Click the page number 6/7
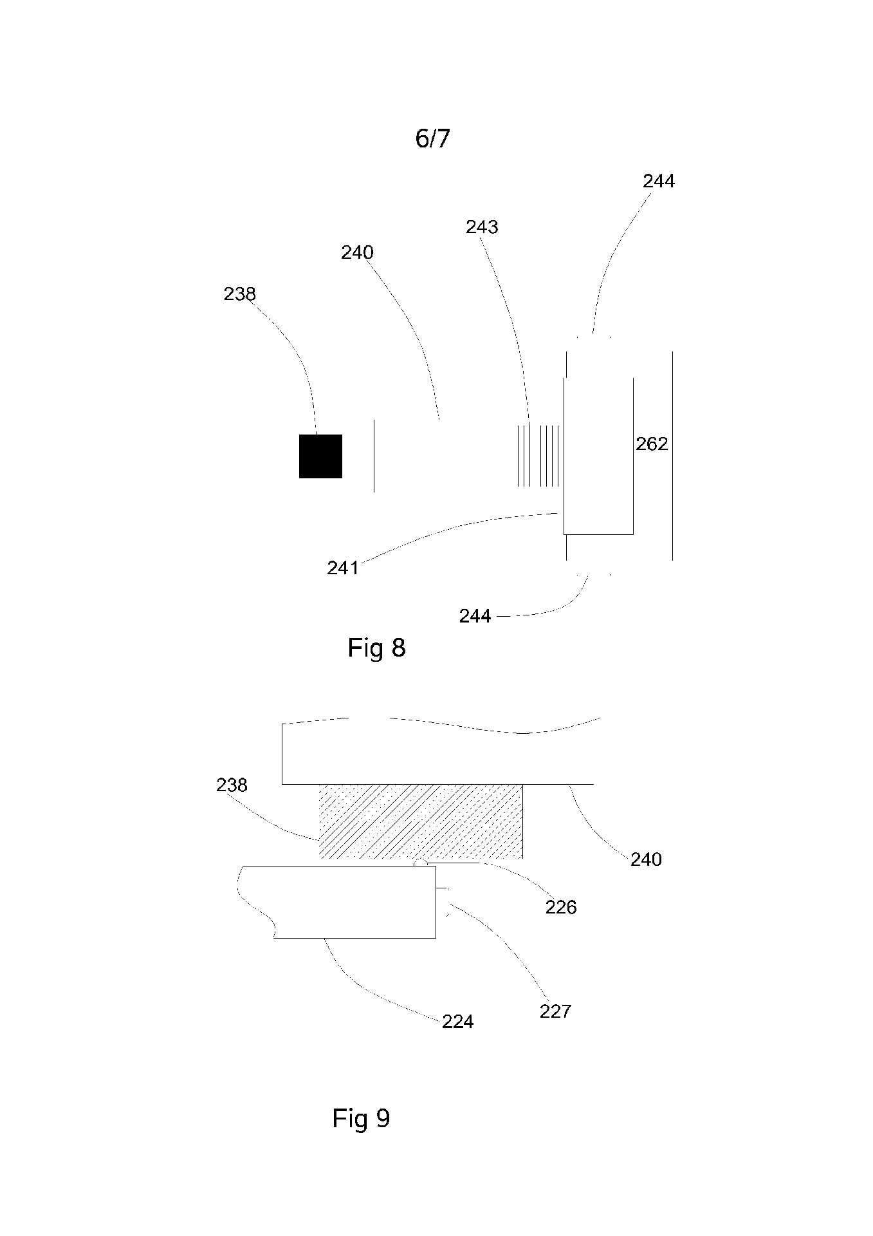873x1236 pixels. pyautogui.click(x=432, y=138)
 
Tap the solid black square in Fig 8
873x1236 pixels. pyautogui.click(x=320, y=456)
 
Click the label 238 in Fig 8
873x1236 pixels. pyautogui.click(x=239, y=294)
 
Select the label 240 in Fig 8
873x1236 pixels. pyautogui.click(x=357, y=252)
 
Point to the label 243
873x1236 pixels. pyautogui.click(x=482, y=227)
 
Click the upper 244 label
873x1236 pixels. pyautogui.click(x=658, y=182)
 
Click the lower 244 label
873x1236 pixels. pyautogui.click(x=475, y=617)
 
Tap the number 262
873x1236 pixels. pyautogui.click(x=652, y=444)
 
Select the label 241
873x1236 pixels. pyautogui.click(x=342, y=568)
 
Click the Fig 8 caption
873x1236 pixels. pyautogui.click(x=376, y=648)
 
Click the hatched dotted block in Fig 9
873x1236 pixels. pyautogui.click(x=421, y=821)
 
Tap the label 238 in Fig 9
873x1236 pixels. pyautogui.click(x=232, y=785)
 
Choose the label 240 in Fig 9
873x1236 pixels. pyautogui.click(x=645, y=859)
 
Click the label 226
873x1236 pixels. pyautogui.click(x=561, y=907)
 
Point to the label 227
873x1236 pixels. pyautogui.click(x=555, y=1012)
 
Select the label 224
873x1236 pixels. pyautogui.click(x=457, y=1022)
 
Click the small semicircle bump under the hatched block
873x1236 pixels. pyautogui.click(x=419, y=863)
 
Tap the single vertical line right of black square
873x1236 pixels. pyautogui.click(x=374, y=456)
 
